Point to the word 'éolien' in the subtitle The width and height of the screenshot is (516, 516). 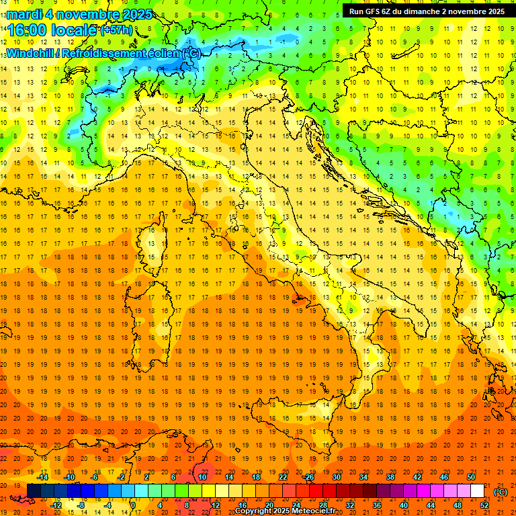coord(164,53)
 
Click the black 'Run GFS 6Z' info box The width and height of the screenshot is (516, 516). coord(427,11)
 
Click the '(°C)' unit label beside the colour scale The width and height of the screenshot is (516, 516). coord(501,492)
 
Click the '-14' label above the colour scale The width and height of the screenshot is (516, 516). coord(42,477)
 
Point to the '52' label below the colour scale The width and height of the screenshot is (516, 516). coord(484,505)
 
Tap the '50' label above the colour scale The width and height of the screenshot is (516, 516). coord(471,477)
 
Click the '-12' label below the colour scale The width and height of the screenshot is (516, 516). coord(56,505)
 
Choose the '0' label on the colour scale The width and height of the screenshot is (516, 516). coord(132,505)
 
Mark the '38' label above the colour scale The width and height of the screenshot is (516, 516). coord(390,477)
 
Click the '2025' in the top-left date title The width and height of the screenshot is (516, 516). coord(138,14)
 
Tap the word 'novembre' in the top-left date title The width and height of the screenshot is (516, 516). coord(89,14)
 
